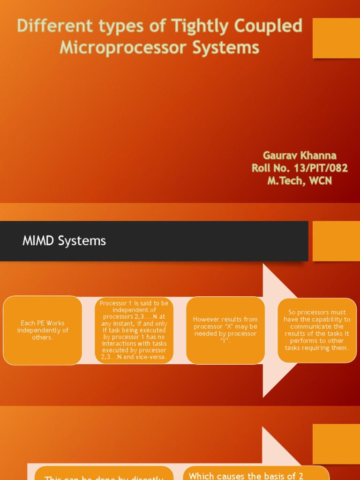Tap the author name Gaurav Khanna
point(300,155)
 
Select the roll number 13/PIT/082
point(323,168)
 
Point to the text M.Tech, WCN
point(300,180)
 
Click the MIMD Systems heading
point(64,241)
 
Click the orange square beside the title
point(336,38)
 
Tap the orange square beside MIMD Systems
point(336,241)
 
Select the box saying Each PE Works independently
point(43,330)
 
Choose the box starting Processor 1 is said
point(134,330)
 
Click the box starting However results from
point(225,330)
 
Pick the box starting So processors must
point(317,330)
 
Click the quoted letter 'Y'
point(225,341)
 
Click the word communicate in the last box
point(317,326)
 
